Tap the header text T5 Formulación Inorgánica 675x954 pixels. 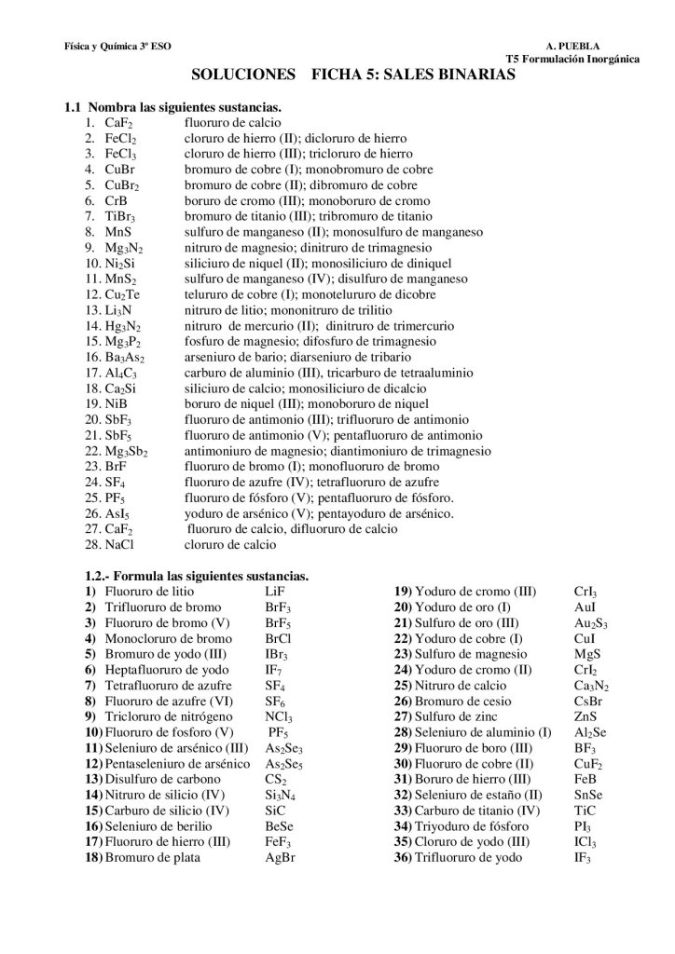tap(572, 59)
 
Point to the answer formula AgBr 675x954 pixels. tap(280, 857)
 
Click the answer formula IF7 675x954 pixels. tap(273, 669)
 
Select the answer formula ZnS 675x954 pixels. tap(585, 716)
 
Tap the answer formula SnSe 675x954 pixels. tap(588, 795)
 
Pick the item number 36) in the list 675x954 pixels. tap(403, 857)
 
